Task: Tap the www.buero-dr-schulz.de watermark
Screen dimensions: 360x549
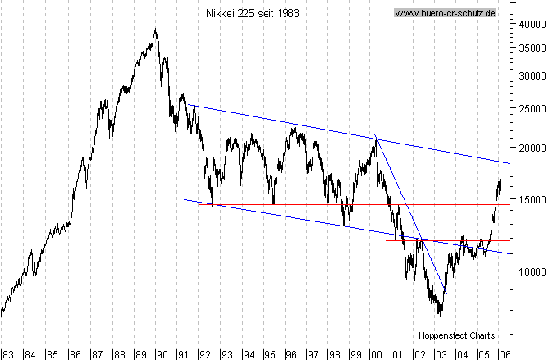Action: point(446,13)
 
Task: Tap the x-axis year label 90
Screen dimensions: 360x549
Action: point(162,354)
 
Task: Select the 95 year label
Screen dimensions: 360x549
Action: point(269,354)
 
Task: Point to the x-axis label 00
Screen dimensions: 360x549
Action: point(377,354)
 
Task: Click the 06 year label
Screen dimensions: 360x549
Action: point(505,354)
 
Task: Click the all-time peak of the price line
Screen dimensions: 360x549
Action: point(156,30)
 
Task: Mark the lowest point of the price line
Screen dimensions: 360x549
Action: point(441,318)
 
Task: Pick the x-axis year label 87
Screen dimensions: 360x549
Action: point(98,354)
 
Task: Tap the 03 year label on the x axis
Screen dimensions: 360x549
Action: point(441,354)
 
